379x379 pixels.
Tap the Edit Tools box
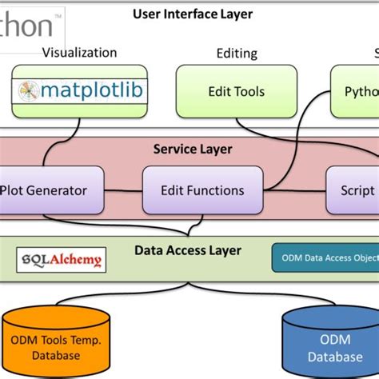[236, 92]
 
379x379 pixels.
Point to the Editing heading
[237, 54]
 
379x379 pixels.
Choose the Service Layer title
[193, 149]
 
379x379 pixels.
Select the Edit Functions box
[202, 190]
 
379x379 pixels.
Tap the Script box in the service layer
[353, 190]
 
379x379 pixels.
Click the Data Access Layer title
[187, 251]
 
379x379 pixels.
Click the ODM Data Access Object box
[325, 257]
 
